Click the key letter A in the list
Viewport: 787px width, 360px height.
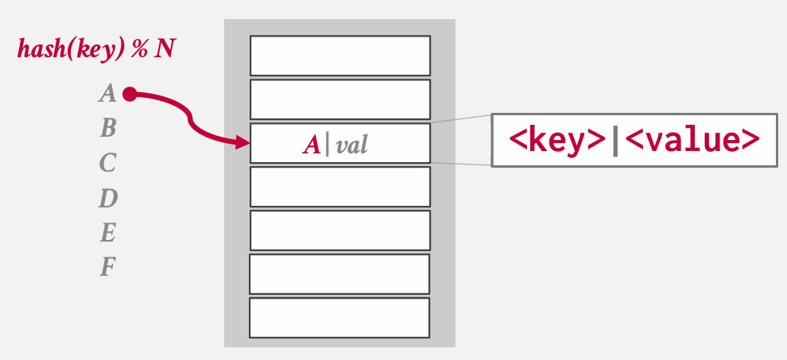(107, 95)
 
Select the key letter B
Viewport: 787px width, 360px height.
(108, 128)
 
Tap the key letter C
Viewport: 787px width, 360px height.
(108, 164)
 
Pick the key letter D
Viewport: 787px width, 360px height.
(108, 199)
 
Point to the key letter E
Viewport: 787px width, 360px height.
(108, 233)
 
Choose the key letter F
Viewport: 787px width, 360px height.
(108, 268)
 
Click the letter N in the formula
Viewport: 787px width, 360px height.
(165, 50)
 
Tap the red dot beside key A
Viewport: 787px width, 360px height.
(130, 95)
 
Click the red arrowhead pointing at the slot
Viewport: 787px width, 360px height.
(243, 143)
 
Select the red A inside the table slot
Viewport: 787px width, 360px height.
(311, 145)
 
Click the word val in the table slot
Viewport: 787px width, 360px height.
(351, 145)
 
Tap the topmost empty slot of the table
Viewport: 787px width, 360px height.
(340, 56)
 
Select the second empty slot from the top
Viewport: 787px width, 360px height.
(340, 99)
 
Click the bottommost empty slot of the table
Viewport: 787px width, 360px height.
(339, 317)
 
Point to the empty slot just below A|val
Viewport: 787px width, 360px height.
(340, 187)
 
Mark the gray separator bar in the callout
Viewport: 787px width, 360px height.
(615, 141)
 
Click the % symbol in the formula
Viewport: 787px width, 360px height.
(140, 50)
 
